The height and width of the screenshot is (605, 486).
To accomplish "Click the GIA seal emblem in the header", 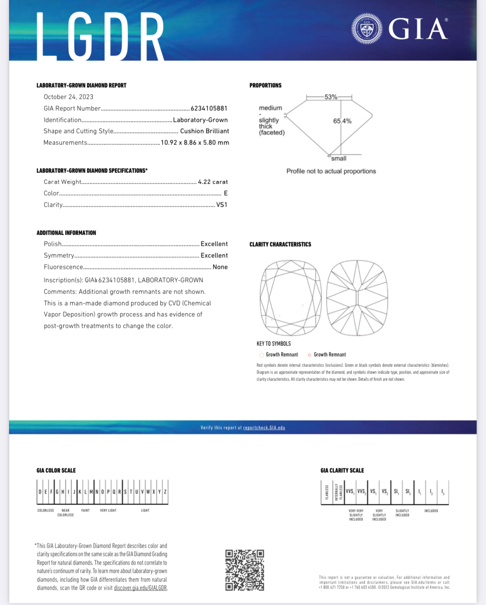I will tap(366, 29).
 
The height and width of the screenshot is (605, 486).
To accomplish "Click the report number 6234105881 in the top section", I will tap(209, 108).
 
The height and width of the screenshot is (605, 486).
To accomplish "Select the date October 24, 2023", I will tap(68, 97).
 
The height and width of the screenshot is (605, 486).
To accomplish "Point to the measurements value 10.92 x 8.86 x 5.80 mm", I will tap(195, 142).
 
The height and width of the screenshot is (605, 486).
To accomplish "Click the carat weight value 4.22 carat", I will tap(213, 182).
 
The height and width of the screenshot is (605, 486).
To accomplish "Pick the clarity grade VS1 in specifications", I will tap(222, 205).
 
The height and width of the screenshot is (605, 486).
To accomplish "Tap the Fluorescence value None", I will tap(220, 267).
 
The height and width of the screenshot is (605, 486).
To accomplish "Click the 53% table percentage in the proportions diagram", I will tap(331, 97).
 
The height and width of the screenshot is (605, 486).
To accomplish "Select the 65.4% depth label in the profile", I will tap(342, 121).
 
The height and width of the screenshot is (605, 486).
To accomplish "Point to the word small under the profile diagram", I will tap(338, 159).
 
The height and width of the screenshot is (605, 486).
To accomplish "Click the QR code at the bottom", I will tap(244, 570).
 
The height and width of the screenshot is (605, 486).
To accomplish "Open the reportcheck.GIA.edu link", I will tap(264, 427).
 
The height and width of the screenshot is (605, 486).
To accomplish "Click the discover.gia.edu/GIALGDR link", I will tap(141, 588).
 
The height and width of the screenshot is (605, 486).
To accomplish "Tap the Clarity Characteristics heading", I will tap(280, 244).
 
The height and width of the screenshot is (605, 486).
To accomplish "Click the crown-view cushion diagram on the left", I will tap(291, 298).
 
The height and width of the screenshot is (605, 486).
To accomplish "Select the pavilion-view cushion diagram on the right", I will tap(357, 298).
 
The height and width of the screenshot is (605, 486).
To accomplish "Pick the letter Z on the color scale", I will tap(165, 492).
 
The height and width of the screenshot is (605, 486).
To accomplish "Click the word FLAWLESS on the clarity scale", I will tap(327, 492).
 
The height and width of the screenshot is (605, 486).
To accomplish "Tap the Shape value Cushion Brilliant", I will tap(204, 131).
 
